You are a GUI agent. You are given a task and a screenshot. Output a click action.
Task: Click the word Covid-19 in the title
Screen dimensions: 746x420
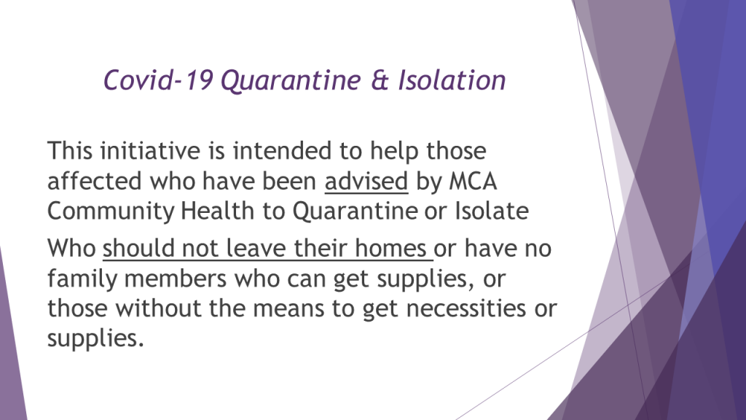pos(158,79)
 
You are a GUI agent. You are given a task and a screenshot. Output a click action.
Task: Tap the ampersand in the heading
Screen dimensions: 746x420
pos(380,79)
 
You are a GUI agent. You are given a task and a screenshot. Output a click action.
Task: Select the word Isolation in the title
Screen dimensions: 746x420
pos(452,79)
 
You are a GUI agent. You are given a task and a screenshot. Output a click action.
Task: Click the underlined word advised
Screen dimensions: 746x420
pos(366,182)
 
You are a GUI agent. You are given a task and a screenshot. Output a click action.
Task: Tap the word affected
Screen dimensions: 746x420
pos(95,182)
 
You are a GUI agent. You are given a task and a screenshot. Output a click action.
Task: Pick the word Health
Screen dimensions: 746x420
pos(217,211)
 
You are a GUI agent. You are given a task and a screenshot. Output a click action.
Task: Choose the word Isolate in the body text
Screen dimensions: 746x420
pos(492,211)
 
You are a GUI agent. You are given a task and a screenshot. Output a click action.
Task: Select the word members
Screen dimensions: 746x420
pos(175,279)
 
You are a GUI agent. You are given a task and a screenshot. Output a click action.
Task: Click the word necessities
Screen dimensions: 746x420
pos(466,308)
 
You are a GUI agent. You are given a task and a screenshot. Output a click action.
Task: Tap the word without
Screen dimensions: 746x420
pos(158,308)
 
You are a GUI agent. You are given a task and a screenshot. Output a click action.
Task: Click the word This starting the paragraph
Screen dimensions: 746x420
pos(69,151)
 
